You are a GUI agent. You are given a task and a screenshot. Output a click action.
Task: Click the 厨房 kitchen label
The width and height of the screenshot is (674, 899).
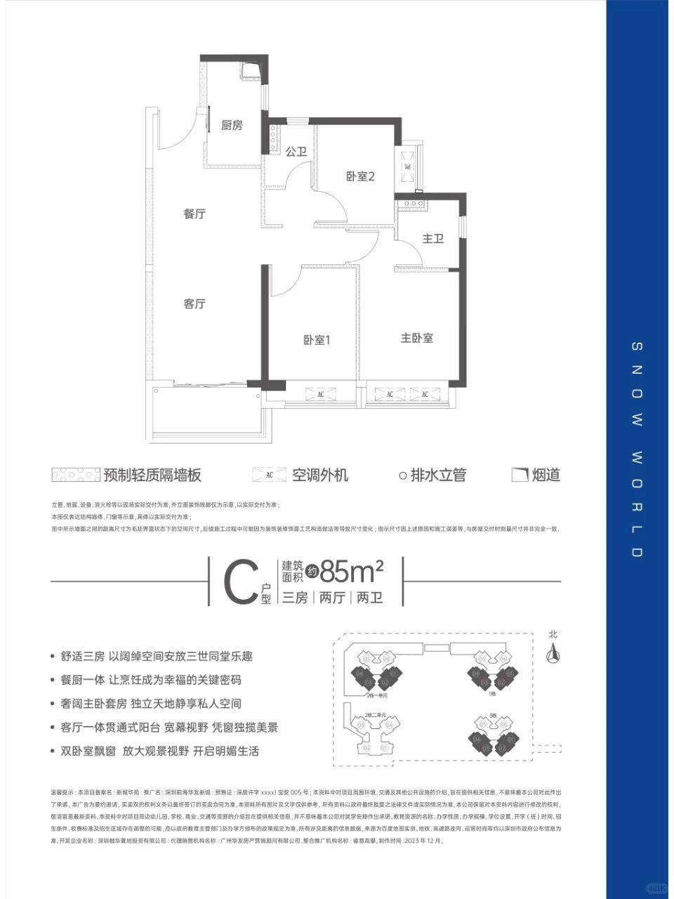coord(232,126)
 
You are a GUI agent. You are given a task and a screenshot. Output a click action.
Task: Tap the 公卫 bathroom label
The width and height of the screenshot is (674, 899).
coord(297,152)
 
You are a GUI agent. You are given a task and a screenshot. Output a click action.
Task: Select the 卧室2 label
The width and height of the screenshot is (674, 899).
coord(360,176)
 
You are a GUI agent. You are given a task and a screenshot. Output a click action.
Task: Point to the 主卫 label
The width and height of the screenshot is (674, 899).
coord(433,239)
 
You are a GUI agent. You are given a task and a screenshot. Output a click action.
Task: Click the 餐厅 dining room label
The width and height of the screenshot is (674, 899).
coord(194,214)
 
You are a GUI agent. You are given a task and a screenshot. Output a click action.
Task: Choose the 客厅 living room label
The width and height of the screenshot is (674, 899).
coord(194,304)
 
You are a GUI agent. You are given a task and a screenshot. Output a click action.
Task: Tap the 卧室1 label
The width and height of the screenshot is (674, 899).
coord(317,340)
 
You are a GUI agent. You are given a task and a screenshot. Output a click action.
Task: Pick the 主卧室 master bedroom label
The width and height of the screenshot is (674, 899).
coord(416,338)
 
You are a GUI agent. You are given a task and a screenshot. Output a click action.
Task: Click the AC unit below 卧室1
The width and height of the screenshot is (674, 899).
coord(320,394)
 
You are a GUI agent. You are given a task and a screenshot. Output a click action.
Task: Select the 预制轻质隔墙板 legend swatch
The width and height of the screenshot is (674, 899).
coord(76,475)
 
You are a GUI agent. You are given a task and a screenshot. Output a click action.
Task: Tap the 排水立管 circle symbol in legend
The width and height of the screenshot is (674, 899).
coord(403,475)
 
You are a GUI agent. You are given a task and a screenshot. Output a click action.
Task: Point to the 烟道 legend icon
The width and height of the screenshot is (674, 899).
coord(519,475)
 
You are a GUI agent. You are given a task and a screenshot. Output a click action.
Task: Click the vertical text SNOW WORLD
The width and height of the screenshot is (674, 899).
coord(637,449)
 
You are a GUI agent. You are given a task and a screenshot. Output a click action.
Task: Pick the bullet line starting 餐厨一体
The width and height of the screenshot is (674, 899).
coord(152,680)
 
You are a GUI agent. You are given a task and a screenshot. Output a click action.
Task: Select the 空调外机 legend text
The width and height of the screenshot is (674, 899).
coord(320,475)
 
